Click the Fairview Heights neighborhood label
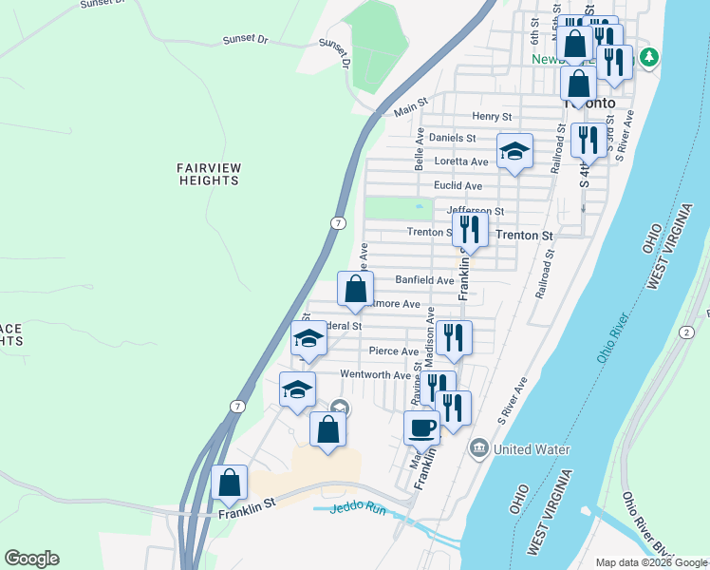209,174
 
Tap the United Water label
531,448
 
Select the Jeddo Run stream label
359,508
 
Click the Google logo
31,559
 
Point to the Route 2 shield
684,331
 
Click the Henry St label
492,116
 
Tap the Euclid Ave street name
458,185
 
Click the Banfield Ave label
424,280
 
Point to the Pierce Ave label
394,351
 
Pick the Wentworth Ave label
375,375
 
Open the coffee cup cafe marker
421,427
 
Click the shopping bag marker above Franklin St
230,483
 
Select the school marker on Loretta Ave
514,152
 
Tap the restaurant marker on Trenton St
470,230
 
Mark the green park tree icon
649,57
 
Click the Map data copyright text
651,562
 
